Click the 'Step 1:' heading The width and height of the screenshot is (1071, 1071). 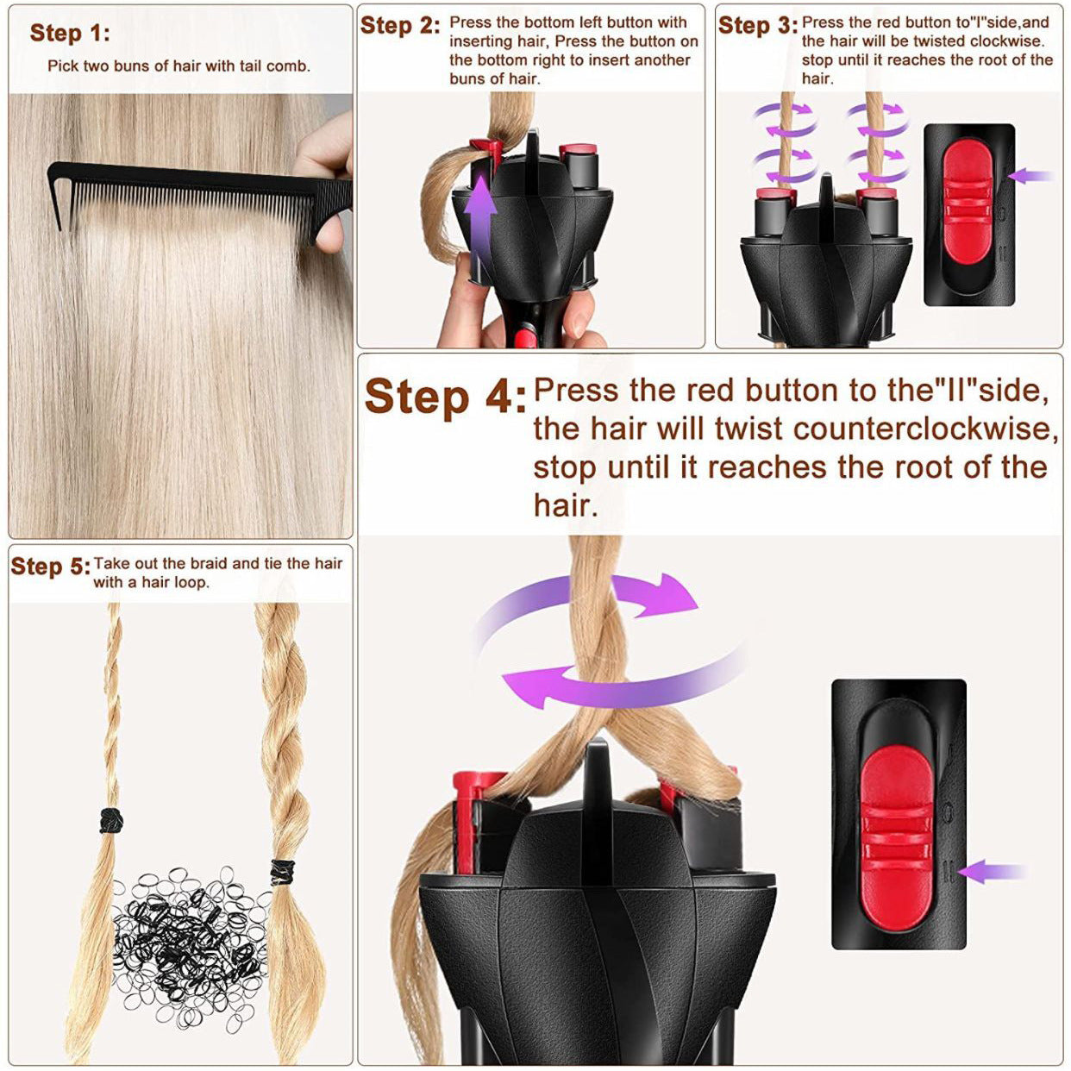click(x=70, y=34)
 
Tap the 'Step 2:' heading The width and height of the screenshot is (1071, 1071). click(x=400, y=25)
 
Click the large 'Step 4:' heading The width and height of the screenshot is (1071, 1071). click(x=444, y=398)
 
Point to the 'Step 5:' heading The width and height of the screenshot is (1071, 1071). click(x=50, y=567)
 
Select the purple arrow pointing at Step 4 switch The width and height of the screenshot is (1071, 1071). click(x=992, y=871)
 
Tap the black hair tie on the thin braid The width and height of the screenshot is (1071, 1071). click(x=110, y=819)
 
